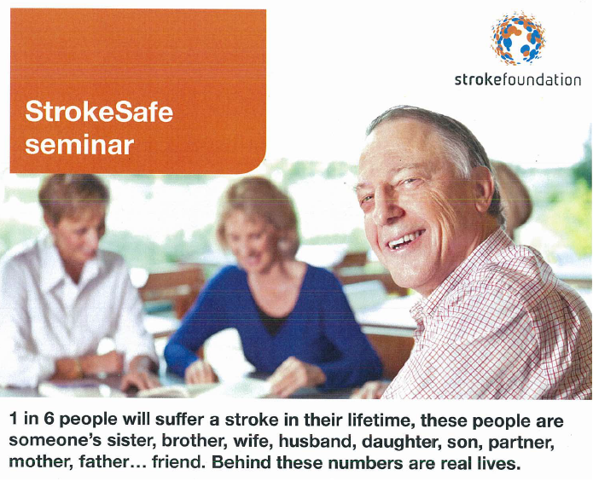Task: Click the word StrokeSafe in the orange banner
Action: point(99,111)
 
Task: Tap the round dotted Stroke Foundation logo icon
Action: point(518,38)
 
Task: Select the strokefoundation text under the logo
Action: point(518,80)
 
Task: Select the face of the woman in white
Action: point(78,218)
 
